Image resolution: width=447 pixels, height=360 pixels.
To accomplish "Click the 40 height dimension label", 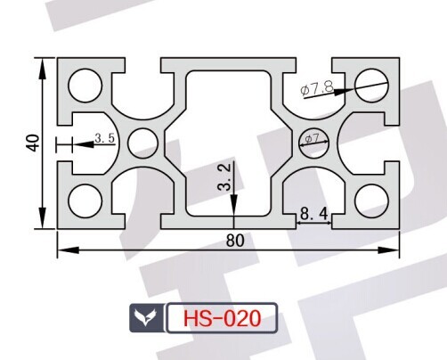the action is point(34,143).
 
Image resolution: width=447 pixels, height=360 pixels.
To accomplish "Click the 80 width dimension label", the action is point(235,241).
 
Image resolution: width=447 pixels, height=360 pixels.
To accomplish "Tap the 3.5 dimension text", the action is point(105,138).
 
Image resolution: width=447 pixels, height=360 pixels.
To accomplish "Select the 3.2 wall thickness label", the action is point(223,177).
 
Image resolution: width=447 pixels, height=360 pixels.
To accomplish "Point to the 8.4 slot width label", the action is point(314,214).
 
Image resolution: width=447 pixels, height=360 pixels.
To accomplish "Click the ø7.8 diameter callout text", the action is point(317,88).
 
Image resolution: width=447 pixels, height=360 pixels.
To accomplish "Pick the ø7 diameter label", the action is point(312,138).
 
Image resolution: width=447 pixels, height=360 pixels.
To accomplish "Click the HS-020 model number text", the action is point(223,318).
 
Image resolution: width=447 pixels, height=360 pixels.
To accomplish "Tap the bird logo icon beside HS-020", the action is point(145,317).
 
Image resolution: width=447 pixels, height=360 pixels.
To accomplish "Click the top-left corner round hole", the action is point(85,86).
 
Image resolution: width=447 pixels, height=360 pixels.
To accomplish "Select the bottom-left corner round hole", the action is point(85,200).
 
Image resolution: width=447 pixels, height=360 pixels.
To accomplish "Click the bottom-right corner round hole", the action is point(371,200).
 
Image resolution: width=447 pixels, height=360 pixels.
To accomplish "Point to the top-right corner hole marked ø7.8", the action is point(371,86).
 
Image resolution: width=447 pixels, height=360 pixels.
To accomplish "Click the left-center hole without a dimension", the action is point(143,143).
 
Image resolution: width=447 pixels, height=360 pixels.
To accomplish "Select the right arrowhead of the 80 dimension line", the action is point(388,250).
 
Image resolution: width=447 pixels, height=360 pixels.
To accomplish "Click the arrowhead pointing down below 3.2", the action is point(234,203).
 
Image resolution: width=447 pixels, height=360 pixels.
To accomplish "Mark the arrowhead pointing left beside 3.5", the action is point(83,144).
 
